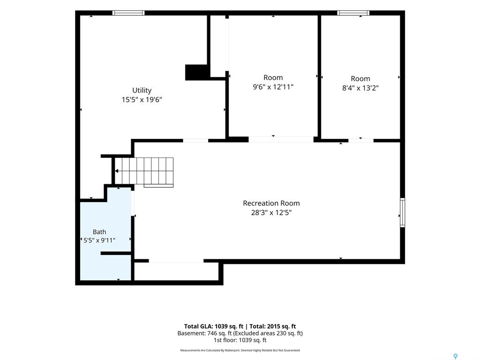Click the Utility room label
[142, 90]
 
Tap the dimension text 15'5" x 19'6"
[142, 99]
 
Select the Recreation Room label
[271, 203]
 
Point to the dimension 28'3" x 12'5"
[271, 212]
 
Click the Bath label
[99, 232]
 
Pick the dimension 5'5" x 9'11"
[99, 240]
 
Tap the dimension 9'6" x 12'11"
[273, 87]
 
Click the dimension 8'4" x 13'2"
[360, 88]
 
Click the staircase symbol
[144, 172]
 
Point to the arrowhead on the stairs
[117, 171]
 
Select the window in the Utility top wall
[128, 13]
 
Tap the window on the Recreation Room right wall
[403, 212]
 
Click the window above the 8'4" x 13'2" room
[353, 13]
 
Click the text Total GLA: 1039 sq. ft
[214, 326]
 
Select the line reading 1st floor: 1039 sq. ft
[240, 340]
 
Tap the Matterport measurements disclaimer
[240, 350]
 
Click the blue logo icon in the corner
[456, 356]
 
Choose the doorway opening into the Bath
[133, 203]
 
